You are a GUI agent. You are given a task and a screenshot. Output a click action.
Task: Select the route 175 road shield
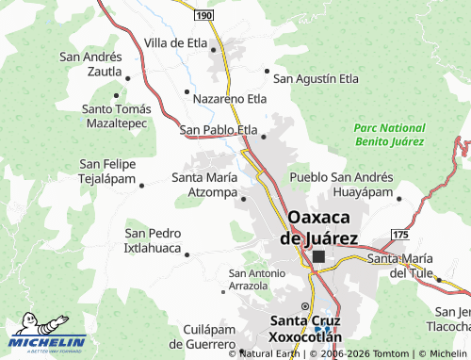pyautogui.click(x=401, y=233)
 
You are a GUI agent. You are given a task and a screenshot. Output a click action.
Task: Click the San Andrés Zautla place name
pyautogui.click(x=90, y=63)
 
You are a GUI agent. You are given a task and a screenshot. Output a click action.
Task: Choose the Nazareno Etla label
pyautogui.click(x=230, y=97)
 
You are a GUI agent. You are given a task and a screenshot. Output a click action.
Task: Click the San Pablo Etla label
pyautogui.click(x=218, y=129)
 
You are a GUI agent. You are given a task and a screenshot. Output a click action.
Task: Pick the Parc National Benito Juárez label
pyautogui.click(x=389, y=134)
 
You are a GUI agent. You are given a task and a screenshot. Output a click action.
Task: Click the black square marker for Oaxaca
pyautogui.click(x=319, y=255)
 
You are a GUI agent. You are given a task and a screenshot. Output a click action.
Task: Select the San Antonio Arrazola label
pyautogui.click(x=255, y=279)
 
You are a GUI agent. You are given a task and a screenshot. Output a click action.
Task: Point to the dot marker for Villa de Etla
pyautogui.click(x=214, y=48)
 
